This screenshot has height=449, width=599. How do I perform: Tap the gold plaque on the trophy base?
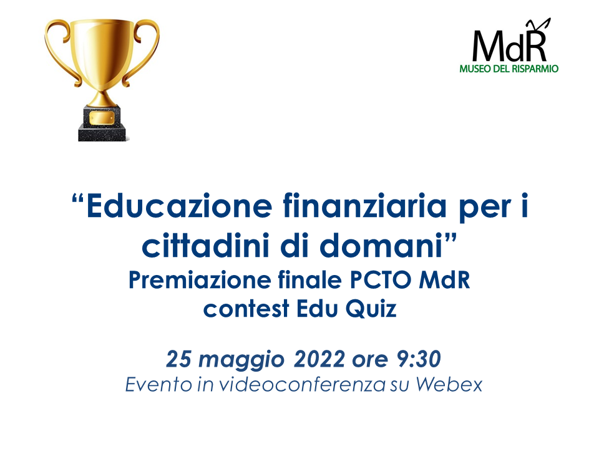[x=102, y=118]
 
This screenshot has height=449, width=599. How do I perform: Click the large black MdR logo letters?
[x=510, y=44]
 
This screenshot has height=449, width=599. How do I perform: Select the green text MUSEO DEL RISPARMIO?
[x=509, y=69]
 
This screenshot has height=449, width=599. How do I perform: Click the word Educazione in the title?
[x=179, y=206]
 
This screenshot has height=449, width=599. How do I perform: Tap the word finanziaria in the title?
[x=365, y=206]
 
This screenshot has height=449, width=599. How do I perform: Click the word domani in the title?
[x=381, y=246]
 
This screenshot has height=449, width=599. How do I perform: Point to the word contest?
[x=246, y=309]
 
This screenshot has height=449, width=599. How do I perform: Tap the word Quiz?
[x=371, y=309]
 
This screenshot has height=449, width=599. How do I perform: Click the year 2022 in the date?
[x=319, y=359]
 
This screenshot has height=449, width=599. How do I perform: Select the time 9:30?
[x=419, y=359]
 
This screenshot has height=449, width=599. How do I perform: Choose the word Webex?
[x=449, y=385]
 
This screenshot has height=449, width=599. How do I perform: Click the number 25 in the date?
[x=178, y=359]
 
